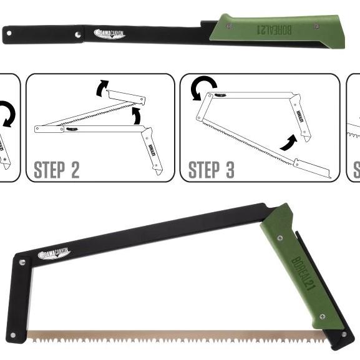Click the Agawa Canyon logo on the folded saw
109,33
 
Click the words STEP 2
56,169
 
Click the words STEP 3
211,169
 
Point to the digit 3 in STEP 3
228,169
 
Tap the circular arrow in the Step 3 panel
203,87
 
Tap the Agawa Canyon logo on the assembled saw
54,253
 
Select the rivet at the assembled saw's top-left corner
22,263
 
